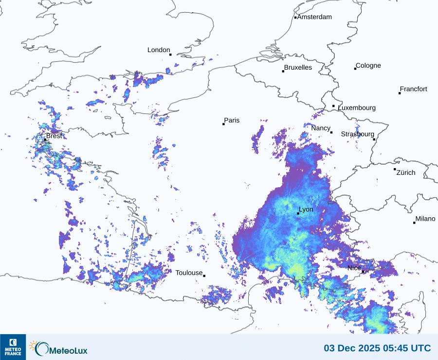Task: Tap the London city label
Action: pyautogui.click(x=159, y=50)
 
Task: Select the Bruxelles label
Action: pyautogui.click(x=298, y=68)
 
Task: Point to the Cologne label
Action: pyautogui.click(x=368, y=66)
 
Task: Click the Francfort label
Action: pyautogui.click(x=413, y=89)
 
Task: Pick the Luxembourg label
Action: pyautogui.click(x=357, y=108)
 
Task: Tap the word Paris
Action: pyautogui.click(x=232, y=121)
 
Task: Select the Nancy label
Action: pyautogui.click(x=321, y=128)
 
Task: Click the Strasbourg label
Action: pyautogui.click(x=357, y=134)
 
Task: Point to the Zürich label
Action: pyautogui.click(x=406, y=172)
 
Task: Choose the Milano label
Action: pyautogui.click(x=425, y=219)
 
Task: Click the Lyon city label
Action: pyautogui.click(x=306, y=209)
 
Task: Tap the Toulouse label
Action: pyautogui.click(x=189, y=273)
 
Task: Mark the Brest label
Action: pyautogui.click(x=54, y=136)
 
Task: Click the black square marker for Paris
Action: pyautogui.click(x=223, y=124)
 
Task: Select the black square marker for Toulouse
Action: pyautogui.click(x=204, y=276)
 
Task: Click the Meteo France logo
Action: pyautogui.click(x=13, y=347)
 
